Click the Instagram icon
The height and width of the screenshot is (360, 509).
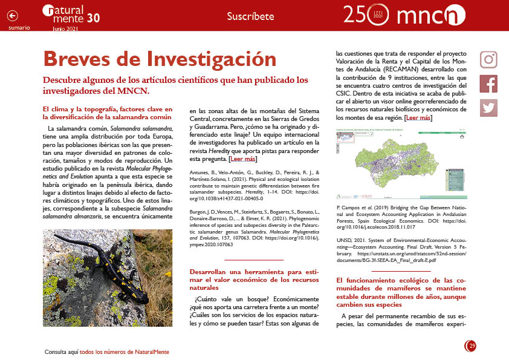[488, 59]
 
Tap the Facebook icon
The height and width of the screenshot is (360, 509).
[488, 83]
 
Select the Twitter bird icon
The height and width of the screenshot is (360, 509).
[488, 108]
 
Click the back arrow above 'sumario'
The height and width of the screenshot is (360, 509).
[13, 16]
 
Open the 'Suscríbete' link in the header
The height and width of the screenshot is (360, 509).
[250, 16]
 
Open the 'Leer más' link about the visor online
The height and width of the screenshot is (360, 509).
[418, 117]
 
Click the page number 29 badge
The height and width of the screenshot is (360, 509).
[471, 345]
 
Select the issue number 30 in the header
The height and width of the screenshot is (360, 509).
[93, 18]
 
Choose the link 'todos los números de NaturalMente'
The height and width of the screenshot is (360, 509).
[124, 352]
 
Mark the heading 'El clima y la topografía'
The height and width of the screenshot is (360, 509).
[107, 113]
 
